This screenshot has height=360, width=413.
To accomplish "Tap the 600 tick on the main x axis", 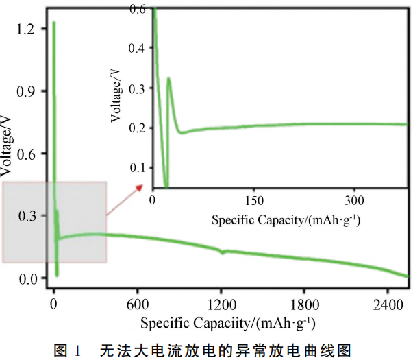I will [x=138, y=304].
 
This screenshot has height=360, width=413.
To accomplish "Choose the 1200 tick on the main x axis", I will [x=221, y=304].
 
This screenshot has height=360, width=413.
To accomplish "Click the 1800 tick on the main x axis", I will [x=305, y=304].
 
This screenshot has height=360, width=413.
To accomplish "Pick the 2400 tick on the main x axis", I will [x=388, y=304].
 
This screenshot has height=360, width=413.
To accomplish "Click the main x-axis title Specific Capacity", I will [x=228, y=322].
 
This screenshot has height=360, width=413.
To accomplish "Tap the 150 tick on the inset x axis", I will [x=254, y=201].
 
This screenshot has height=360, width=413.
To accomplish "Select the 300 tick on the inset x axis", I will [x=354, y=201].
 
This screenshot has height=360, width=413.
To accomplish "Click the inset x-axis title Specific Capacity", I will [x=286, y=219].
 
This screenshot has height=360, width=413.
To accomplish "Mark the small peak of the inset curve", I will [x=168, y=78].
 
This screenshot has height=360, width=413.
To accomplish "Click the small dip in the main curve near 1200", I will [x=222, y=253].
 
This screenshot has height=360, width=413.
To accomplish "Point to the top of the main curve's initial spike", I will [x=53, y=23].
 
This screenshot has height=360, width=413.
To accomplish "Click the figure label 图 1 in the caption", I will [x=68, y=350].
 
